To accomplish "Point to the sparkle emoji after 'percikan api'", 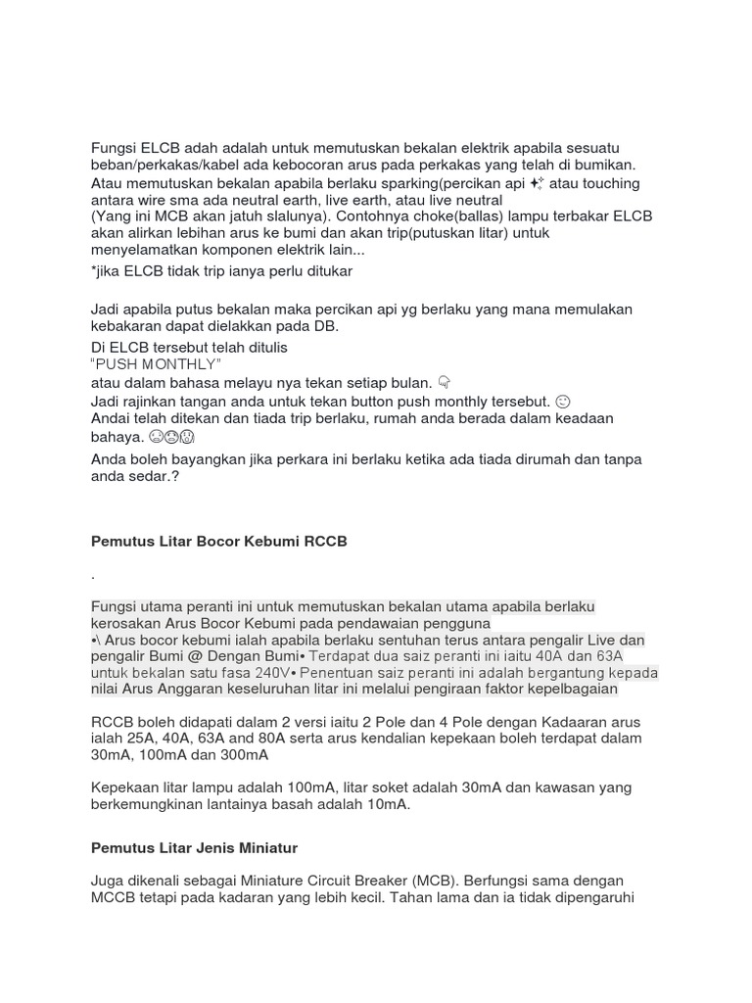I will [537, 183].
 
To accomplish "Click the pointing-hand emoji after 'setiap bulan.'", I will [444, 382].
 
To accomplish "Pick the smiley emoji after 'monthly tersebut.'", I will [562, 402].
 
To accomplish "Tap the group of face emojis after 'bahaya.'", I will [171, 437].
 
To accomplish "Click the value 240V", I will [270, 673].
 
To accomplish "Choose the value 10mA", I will [387, 804].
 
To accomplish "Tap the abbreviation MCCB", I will [113, 897].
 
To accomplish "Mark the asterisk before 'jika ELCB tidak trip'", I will [93, 270].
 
